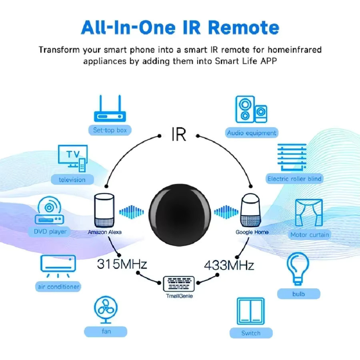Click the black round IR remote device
pos(180,215)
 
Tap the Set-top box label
pos(110,130)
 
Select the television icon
pos(73,158)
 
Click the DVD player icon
pos(49,210)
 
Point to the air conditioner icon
pos(58,266)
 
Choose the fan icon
pos(106,309)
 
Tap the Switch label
pos(251,333)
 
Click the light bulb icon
pos(298,269)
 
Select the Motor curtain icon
pos(309,213)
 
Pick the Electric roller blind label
pos(294,179)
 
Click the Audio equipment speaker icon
pos(251,109)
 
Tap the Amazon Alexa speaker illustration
pos(104,210)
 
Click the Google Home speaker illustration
pos(250,210)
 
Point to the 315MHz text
pos(122,264)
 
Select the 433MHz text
pos(229,265)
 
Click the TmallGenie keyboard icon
pos(179,284)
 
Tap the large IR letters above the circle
pos(179,134)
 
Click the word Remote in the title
pos(244,28)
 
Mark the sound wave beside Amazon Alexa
pos(131,212)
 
